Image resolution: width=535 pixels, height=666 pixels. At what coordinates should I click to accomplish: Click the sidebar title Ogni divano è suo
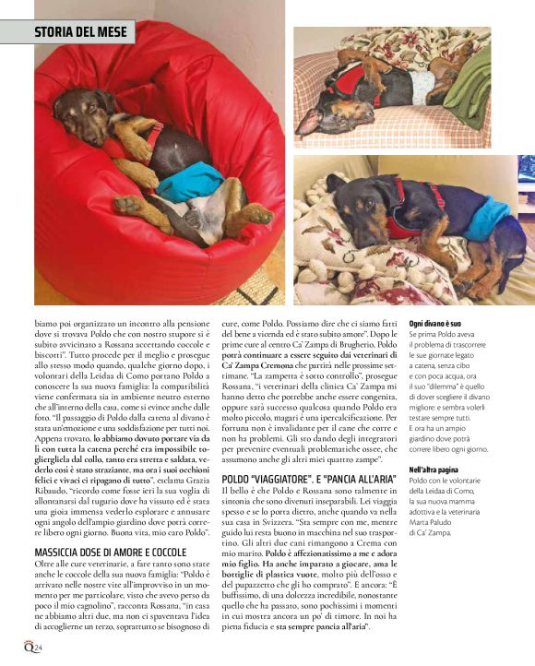(435, 324)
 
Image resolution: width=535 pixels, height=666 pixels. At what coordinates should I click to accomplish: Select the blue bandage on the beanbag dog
(190, 184)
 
